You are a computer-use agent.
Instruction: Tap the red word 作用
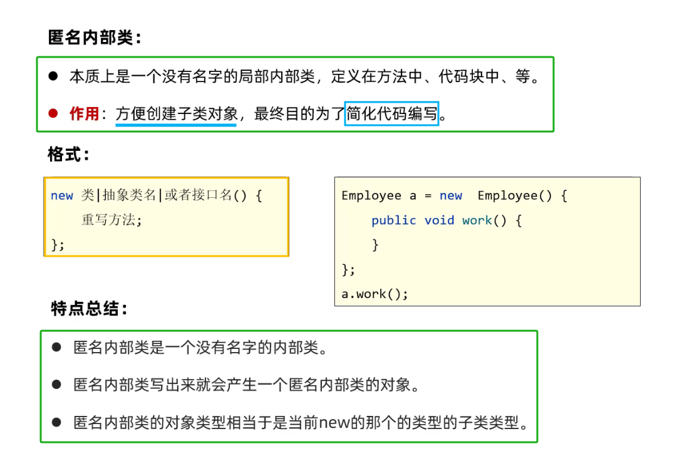pyautogui.click(x=84, y=114)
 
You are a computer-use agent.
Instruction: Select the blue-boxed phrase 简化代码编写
pyautogui.click(x=391, y=114)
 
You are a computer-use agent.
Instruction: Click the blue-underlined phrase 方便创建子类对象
pyautogui.click(x=176, y=114)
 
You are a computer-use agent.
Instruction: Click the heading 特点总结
pyautogui.click(x=89, y=309)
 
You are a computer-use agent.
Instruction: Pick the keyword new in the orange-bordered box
pyautogui.click(x=62, y=196)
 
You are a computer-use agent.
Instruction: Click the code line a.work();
pyautogui.click(x=374, y=294)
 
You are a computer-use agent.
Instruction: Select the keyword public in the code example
pyautogui.click(x=393, y=220)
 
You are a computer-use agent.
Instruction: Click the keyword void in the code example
pyautogui.click(x=439, y=220)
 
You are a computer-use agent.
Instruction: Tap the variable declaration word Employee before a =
pyautogui.click(x=371, y=196)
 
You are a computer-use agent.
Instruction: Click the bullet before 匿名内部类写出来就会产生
pyautogui.click(x=57, y=384)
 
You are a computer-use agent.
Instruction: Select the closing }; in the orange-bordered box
pyautogui.click(x=58, y=244)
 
